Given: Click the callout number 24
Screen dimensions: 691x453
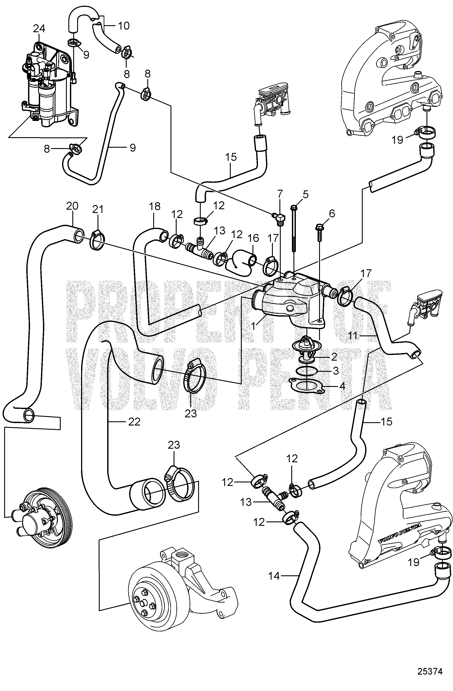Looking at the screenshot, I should (39, 28).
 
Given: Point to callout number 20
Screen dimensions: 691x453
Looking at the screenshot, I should (72, 206).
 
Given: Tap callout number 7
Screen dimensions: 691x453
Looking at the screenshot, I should (280, 194).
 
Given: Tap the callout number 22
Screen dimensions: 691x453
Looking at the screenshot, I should (134, 421).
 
